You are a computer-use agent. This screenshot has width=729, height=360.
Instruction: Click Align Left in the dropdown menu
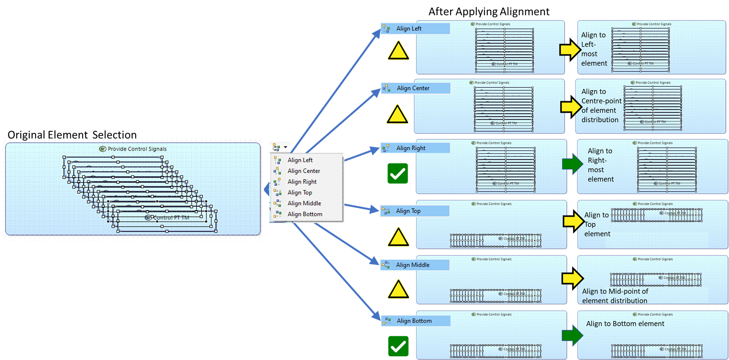[300, 160]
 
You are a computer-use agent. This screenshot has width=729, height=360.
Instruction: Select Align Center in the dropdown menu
[303, 171]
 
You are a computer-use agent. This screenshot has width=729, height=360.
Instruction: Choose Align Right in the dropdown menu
[302, 182]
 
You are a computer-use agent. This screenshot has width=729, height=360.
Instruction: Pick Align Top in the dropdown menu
[300, 193]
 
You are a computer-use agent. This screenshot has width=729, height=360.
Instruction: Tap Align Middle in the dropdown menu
[304, 204]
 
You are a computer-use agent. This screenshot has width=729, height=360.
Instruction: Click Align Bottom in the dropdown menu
[305, 214]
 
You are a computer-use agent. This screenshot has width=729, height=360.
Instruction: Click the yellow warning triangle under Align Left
[398, 51]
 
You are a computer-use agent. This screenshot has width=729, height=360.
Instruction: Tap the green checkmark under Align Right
[398, 174]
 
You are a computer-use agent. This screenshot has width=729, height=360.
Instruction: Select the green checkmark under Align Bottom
[398, 346]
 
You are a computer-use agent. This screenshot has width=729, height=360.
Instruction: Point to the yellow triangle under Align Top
[398, 237]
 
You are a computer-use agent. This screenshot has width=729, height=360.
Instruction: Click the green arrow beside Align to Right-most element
[572, 164]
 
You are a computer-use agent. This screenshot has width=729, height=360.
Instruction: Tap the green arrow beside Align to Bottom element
[572, 335]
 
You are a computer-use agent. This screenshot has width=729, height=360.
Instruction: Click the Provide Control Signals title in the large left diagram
[137, 149]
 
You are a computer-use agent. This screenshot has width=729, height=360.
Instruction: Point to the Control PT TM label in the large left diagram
[171, 218]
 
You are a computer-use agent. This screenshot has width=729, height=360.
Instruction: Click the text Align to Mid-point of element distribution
[615, 296]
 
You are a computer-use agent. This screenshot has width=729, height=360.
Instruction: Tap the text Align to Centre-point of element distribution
[601, 105]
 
